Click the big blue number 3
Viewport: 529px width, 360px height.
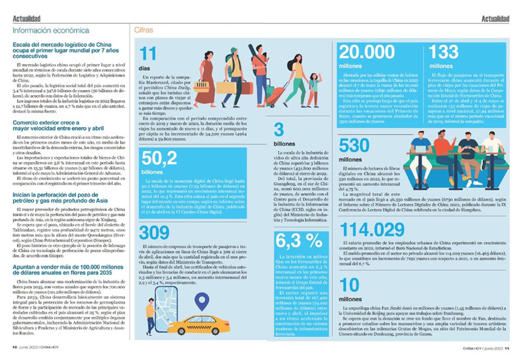coord(278,129)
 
